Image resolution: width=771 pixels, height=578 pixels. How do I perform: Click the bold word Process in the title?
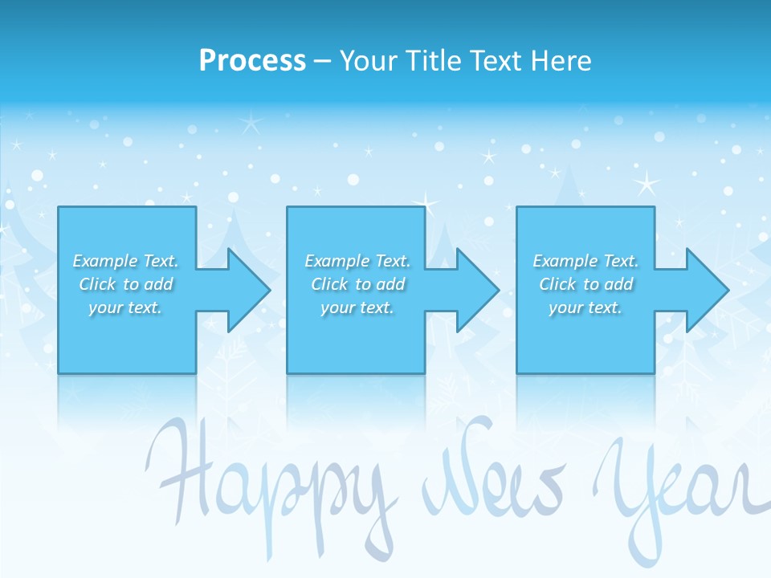pyautogui.click(x=252, y=61)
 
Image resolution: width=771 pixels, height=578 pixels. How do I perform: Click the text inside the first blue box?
pyautogui.click(x=126, y=284)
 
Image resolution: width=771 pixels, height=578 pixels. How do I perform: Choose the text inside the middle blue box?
pyautogui.click(x=357, y=284)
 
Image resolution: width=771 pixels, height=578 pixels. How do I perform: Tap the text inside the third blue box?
pyautogui.click(x=585, y=284)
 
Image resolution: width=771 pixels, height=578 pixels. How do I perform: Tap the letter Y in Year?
pyautogui.click(x=622, y=482)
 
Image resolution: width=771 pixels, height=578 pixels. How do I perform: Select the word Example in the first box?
pyautogui.click(x=104, y=261)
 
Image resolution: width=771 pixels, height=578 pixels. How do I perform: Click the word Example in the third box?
pyautogui.click(x=565, y=261)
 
